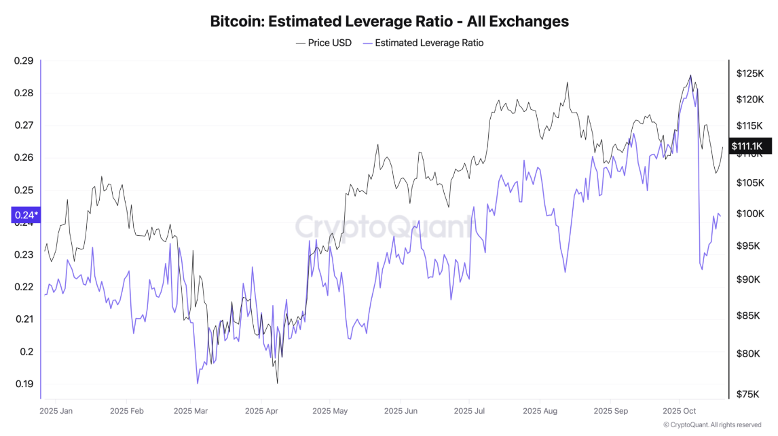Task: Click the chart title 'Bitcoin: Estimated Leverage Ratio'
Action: (x=389, y=21)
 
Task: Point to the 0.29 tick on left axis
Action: (x=24, y=61)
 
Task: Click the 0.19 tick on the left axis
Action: (x=24, y=384)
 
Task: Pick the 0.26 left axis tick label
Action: (x=24, y=158)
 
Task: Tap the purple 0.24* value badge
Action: (x=26, y=216)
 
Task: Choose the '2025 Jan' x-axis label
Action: (x=56, y=411)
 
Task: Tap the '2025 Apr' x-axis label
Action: (x=262, y=411)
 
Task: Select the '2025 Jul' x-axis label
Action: (x=470, y=411)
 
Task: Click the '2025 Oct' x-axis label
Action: (x=680, y=411)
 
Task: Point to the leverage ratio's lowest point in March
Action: (x=198, y=384)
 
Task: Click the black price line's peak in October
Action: (x=690, y=75)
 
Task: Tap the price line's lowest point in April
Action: (x=277, y=383)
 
